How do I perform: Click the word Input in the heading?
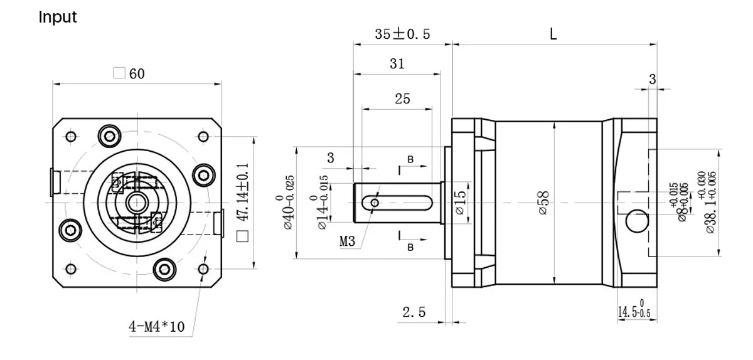[58, 17]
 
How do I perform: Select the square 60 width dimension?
[129, 73]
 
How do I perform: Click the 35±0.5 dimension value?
[402, 34]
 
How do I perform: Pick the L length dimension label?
[553, 34]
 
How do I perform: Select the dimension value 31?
[397, 64]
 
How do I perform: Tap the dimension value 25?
[402, 98]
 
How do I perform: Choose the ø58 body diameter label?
[543, 203]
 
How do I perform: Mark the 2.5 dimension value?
[414, 312]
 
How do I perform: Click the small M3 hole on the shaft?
[375, 203]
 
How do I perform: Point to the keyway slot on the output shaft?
[402, 203]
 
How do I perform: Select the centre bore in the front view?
[135, 203]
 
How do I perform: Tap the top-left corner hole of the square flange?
[71, 136]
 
